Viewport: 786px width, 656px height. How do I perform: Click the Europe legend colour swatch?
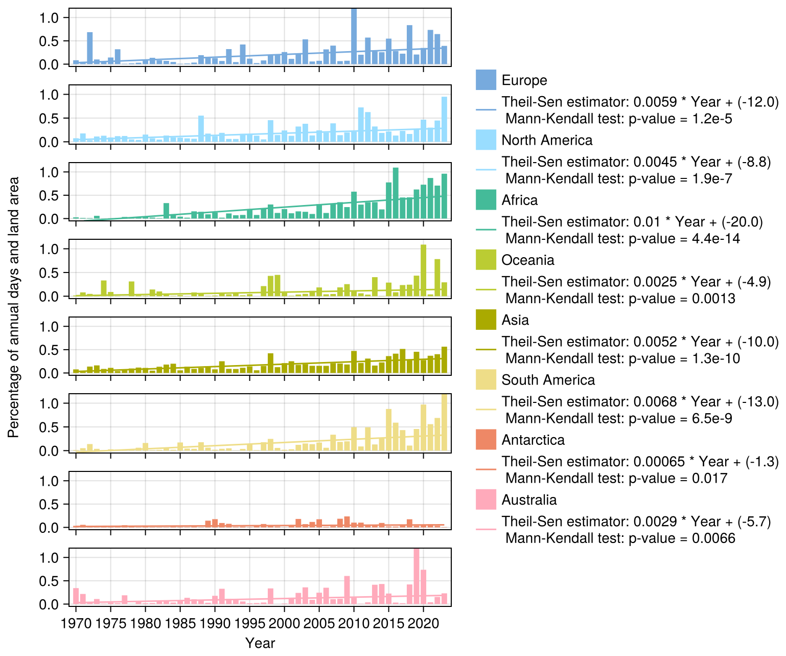click(486, 80)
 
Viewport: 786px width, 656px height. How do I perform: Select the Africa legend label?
click(519, 200)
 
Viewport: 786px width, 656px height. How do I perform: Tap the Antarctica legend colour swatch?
click(486, 440)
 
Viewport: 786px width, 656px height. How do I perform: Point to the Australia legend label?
click(529, 500)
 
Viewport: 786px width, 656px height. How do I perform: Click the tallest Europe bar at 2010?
click(354, 37)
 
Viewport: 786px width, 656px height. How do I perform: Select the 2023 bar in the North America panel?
click(444, 119)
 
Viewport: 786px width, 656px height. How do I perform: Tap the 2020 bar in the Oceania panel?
click(423, 270)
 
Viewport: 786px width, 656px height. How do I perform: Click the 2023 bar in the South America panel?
click(444, 422)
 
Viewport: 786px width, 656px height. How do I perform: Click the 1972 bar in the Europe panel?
click(89, 48)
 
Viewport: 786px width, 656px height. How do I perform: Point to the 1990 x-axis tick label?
click(215, 624)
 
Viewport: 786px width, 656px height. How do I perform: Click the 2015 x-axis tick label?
click(389, 624)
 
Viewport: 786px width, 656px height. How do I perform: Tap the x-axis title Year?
click(260, 643)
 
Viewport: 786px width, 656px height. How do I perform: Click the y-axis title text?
click(14, 307)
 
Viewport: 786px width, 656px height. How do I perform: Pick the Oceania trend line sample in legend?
click(486, 289)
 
